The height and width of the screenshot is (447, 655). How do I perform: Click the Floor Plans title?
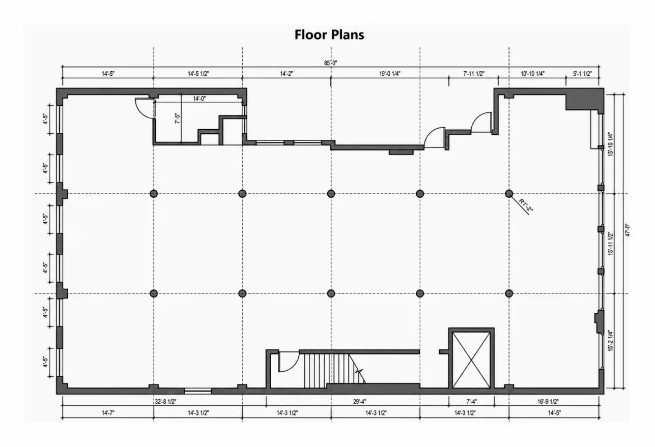[329, 35]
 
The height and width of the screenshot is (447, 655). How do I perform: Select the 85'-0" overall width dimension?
[330, 63]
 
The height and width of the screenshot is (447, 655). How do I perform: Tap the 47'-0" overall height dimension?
[628, 230]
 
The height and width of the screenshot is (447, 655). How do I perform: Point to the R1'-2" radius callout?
[526, 205]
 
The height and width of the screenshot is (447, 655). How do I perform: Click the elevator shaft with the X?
[471, 358]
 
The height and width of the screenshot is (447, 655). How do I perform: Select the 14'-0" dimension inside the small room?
[199, 99]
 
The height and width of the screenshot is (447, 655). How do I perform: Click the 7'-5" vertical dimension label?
[178, 118]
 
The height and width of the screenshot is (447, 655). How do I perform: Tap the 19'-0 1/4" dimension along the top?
[389, 74]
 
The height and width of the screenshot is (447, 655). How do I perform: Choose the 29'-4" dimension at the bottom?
[359, 401]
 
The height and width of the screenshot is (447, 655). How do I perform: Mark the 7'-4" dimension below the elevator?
[471, 401]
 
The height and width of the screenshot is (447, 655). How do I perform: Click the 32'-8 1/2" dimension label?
[165, 401]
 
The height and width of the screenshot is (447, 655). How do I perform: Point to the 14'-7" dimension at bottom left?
[108, 413]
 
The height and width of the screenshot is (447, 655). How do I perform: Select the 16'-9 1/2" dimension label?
[548, 401]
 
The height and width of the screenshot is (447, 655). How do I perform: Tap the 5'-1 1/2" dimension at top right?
[582, 74]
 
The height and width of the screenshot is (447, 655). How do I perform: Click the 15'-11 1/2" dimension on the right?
[611, 244]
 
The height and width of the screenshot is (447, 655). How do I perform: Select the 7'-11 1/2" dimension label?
[474, 74]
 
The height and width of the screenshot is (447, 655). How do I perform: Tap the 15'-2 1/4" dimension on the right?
[611, 340]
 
